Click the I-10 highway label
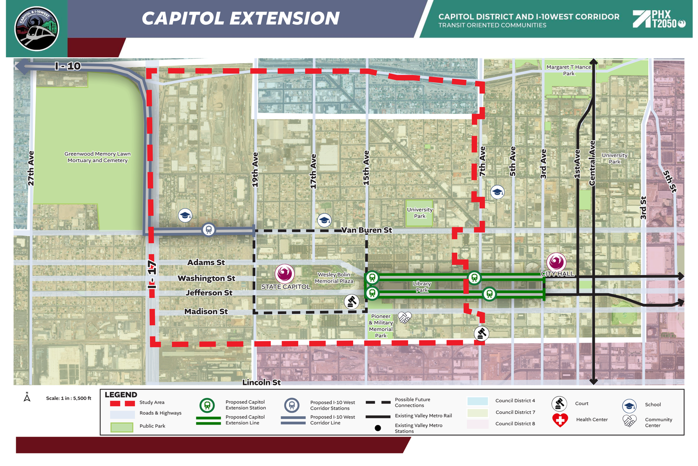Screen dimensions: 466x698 coord(68,66)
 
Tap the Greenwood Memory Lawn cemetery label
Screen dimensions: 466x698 coord(97,157)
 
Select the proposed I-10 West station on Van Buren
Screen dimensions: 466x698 coord(208,229)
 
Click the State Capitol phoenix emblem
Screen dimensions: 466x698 coord(284,274)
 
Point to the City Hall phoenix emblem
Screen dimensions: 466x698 coord(556,262)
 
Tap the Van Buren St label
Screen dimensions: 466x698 coord(367,230)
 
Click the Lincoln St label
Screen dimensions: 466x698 coord(262,383)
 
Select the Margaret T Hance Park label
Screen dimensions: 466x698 coord(569,70)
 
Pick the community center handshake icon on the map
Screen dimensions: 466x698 coord(405,318)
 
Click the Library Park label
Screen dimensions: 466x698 coord(422,287)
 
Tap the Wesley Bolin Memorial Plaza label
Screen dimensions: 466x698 coord(334,278)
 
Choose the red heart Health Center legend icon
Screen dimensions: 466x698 coord(560,420)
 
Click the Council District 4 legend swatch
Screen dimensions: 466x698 coord(477,401)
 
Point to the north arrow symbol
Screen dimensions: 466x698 coord(27,397)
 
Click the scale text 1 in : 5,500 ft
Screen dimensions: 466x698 coord(68,398)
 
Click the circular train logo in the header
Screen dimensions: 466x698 coord(37,29)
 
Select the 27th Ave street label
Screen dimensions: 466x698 coord(31,168)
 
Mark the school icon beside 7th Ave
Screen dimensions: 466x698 coord(497,192)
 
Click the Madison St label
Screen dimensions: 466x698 coord(206,312)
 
